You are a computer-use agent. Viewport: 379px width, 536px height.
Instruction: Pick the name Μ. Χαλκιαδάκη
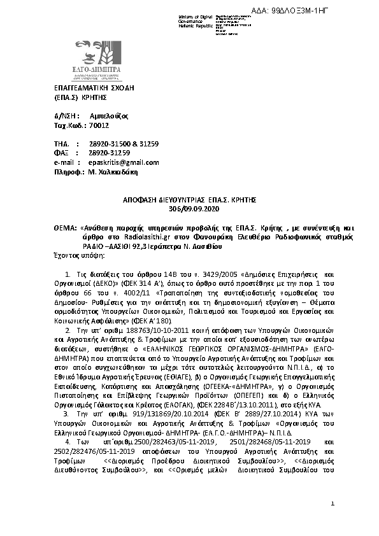pyautogui.click(x=112, y=171)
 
